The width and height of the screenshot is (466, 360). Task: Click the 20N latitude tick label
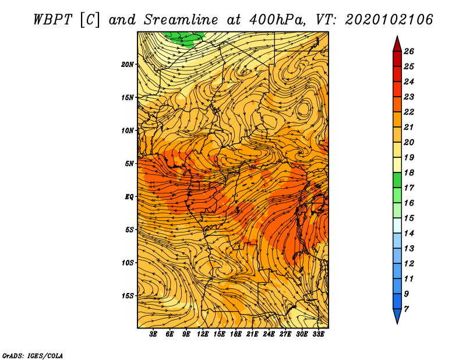[x=128, y=65]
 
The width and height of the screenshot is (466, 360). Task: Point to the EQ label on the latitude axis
[x=129, y=197]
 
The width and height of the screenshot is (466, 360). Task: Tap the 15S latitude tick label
[x=128, y=296]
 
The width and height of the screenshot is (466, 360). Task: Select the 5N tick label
[x=129, y=164]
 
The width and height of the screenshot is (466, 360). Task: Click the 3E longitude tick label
[x=153, y=334]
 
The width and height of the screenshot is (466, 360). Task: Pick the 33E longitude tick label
[x=318, y=334]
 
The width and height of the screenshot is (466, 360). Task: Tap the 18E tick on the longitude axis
[x=236, y=334]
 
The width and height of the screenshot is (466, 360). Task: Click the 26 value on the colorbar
[x=409, y=51]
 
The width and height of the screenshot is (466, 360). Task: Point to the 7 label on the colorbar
[x=406, y=309]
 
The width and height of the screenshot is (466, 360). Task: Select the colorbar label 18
[x=409, y=172]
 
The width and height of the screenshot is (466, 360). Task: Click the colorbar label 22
[x=409, y=112]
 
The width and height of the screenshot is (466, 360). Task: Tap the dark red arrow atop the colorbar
[x=397, y=44]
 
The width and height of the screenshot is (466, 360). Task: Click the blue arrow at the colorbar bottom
[x=397, y=316]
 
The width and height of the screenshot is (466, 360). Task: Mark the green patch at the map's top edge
[x=184, y=38]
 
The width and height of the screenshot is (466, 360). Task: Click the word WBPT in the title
[x=52, y=20]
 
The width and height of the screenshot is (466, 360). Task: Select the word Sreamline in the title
[x=181, y=20]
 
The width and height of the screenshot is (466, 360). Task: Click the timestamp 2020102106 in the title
[x=389, y=20]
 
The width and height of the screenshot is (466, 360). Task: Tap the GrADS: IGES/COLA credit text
[x=33, y=356]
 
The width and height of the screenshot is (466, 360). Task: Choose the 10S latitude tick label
[x=128, y=263]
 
